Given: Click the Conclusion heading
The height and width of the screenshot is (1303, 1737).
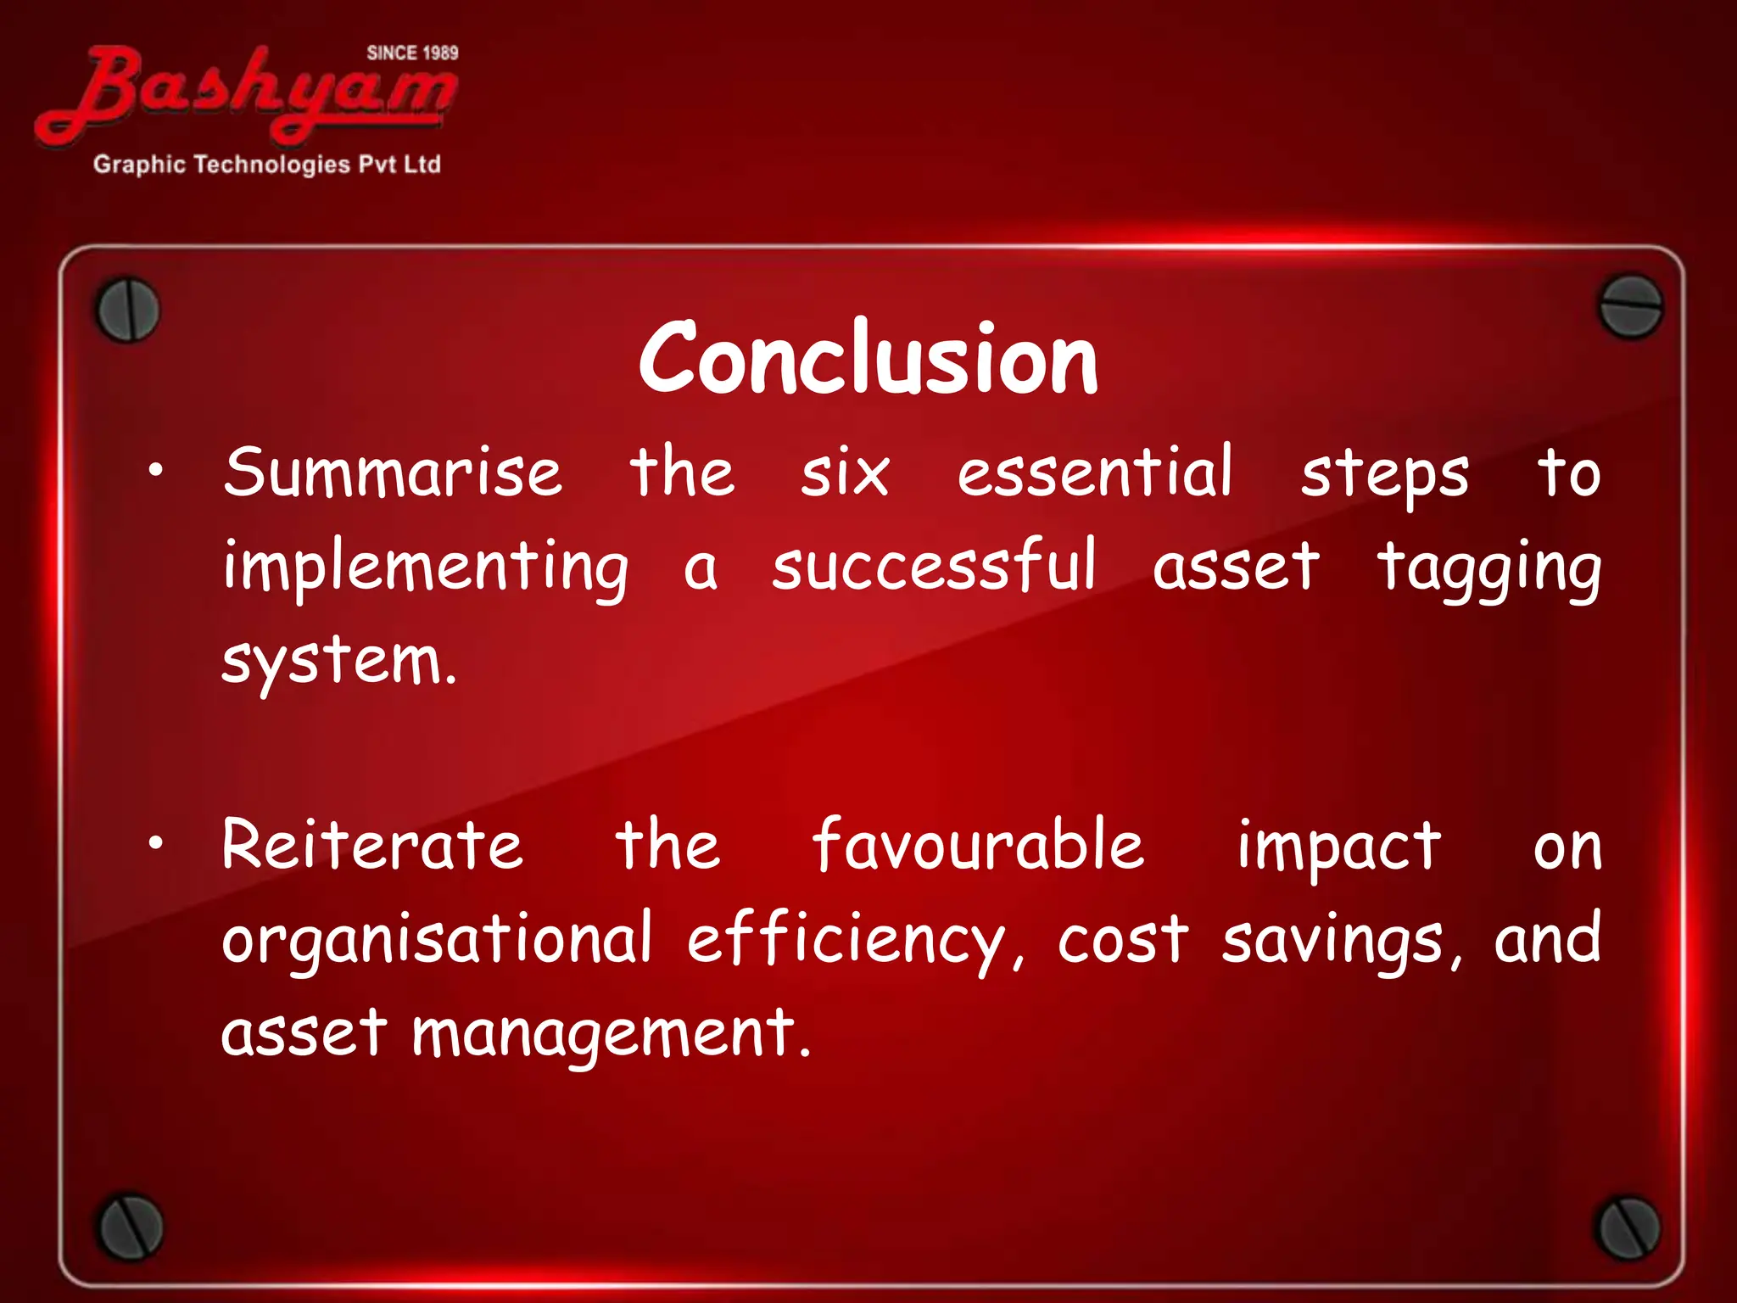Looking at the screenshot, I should (x=868, y=358).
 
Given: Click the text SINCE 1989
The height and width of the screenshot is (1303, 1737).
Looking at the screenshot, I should (x=412, y=53).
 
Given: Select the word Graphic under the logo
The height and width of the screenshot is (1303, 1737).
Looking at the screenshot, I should (x=139, y=165).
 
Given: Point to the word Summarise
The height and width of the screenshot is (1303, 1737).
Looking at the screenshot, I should (x=392, y=473).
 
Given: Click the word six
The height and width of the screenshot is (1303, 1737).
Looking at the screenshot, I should (x=845, y=473).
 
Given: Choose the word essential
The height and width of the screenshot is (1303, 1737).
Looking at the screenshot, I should (x=1094, y=472).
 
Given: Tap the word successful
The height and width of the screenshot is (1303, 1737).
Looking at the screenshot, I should (x=934, y=566).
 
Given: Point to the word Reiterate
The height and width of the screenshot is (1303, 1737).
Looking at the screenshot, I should (x=372, y=845).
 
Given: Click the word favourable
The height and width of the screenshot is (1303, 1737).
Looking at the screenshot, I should (x=978, y=845).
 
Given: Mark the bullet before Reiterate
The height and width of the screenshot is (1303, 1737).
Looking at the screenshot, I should (x=154, y=843).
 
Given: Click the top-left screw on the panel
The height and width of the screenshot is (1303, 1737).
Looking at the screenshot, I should (x=127, y=310).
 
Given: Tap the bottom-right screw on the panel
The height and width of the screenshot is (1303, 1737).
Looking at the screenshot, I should (x=1628, y=1228).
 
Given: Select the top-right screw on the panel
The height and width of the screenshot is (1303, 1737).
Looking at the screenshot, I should (x=1629, y=306).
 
